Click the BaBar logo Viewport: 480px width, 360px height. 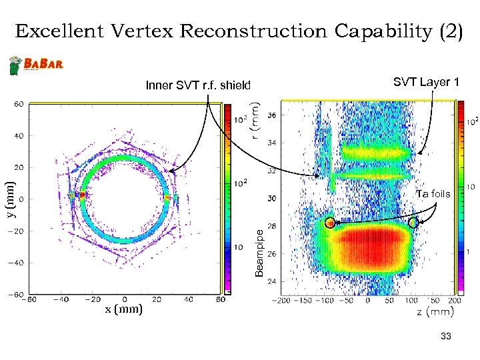[36, 65]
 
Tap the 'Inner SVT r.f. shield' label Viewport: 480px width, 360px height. [199, 85]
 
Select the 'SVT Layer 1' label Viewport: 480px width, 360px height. [426, 82]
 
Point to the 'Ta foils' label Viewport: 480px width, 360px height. [433, 194]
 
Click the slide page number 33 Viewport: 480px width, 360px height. [446, 338]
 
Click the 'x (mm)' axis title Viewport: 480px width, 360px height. [124, 309]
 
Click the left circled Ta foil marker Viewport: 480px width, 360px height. [329, 223]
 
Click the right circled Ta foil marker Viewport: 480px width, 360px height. [414, 223]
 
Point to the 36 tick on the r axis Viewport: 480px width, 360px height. [273, 115]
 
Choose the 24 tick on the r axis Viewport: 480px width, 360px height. [273, 282]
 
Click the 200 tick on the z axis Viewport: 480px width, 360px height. [454, 302]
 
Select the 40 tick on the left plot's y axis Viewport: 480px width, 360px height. [21, 135]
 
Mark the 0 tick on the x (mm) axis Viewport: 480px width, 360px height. [125, 300]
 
